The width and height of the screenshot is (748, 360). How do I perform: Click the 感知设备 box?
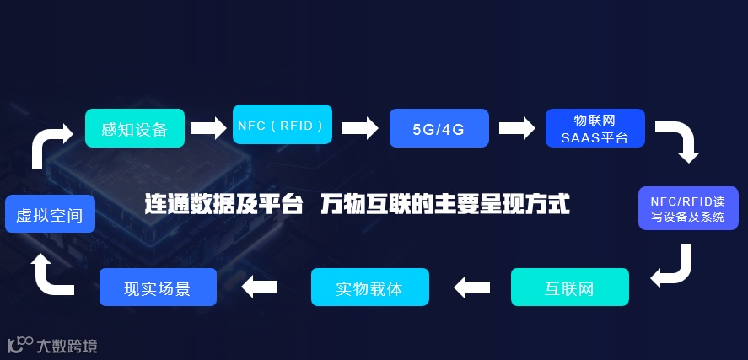point(135,128)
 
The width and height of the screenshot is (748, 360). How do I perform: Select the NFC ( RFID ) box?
point(282,126)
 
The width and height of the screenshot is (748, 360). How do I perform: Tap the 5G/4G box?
point(439,129)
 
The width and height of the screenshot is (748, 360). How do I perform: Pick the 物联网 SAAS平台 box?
point(595,128)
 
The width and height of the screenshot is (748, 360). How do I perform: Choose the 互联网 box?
point(569,287)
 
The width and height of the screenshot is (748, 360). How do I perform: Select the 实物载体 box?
point(369,287)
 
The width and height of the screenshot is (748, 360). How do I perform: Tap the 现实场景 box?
point(158,287)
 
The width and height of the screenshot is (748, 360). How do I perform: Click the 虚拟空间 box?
point(50,214)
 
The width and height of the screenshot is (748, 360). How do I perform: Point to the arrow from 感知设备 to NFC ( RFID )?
point(208,128)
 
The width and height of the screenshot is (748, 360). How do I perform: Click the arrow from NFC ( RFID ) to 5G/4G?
point(359,128)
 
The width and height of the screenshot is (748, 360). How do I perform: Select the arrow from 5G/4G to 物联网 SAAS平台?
point(517,128)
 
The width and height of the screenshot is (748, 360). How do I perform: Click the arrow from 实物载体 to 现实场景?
point(259,287)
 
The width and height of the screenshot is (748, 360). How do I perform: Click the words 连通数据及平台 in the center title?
point(223,205)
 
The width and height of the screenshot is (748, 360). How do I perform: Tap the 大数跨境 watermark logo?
point(52,345)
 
